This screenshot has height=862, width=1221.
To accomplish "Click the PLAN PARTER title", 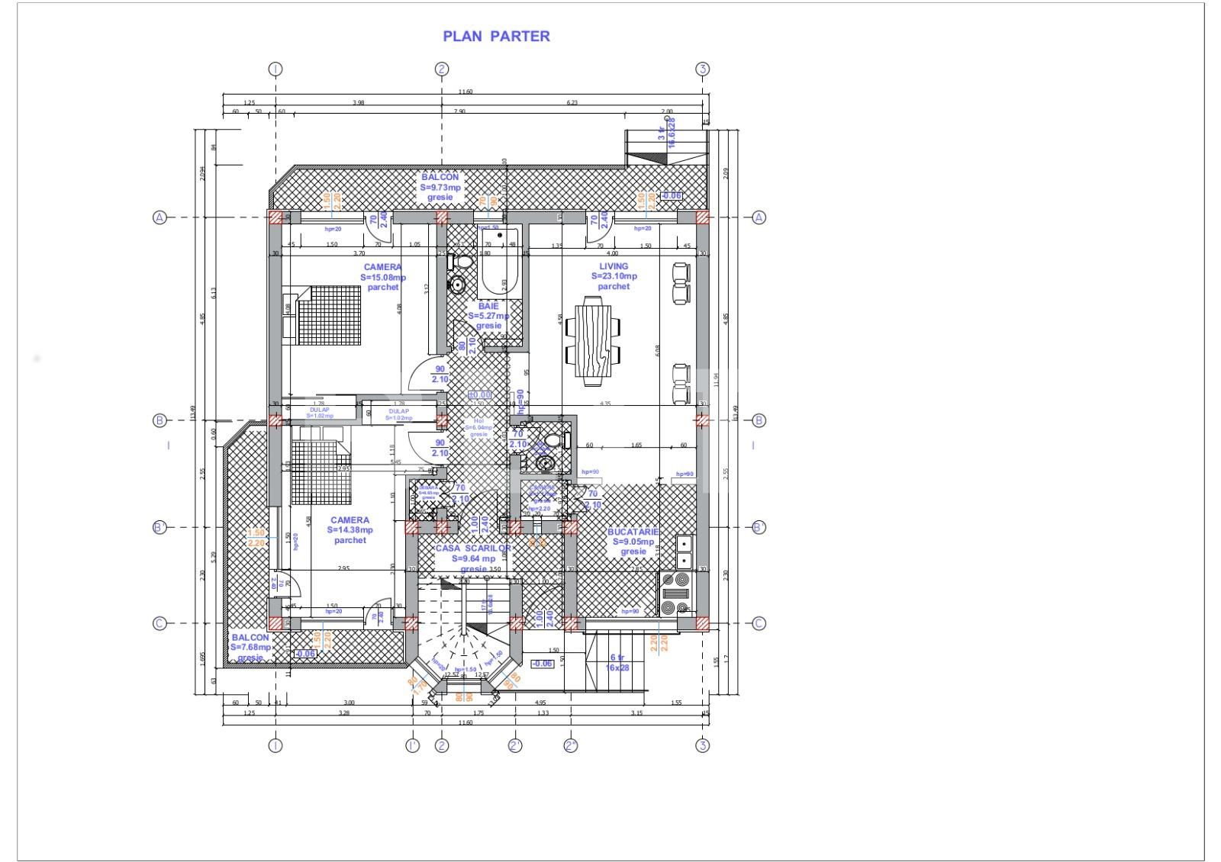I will pyautogui.click(x=496, y=36).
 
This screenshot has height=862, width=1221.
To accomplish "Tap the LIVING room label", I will pyautogui.click(x=614, y=276).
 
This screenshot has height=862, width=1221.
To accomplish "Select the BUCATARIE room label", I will pyautogui.click(x=633, y=541).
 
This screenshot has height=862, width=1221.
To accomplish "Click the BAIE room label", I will pyautogui.click(x=488, y=315).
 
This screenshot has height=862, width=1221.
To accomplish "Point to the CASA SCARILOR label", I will pyautogui.click(x=473, y=558).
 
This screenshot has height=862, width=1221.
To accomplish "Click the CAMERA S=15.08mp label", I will pyautogui.click(x=382, y=277).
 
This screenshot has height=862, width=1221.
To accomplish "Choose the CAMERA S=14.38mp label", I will pyautogui.click(x=350, y=529).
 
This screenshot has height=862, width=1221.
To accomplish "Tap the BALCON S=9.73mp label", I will pyautogui.click(x=440, y=187).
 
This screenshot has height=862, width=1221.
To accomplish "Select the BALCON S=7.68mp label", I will pyautogui.click(x=250, y=647).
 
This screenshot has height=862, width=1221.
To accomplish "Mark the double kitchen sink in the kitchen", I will pyautogui.click(x=684, y=552).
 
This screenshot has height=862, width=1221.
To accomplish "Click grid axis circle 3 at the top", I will pyautogui.click(x=703, y=69).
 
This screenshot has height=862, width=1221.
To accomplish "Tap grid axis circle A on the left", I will pyautogui.click(x=159, y=217).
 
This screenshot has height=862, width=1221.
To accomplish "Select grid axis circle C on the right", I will pyautogui.click(x=759, y=623).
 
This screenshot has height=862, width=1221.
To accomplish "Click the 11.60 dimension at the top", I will pyautogui.click(x=465, y=92).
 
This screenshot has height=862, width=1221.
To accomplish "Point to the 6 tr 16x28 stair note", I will pyautogui.click(x=617, y=662).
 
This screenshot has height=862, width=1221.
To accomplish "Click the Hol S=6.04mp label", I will pyautogui.click(x=478, y=427).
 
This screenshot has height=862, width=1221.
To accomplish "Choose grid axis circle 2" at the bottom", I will pyautogui.click(x=571, y=745).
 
